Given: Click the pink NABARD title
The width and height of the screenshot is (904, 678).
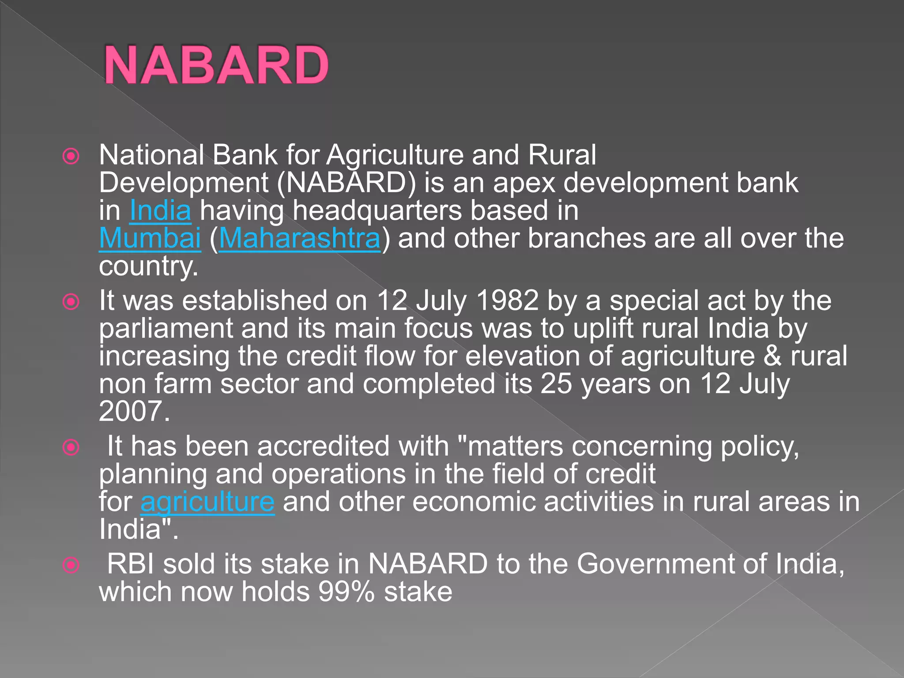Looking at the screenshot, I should pos(216,65).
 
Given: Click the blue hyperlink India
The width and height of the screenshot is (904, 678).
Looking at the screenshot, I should pos(160,211).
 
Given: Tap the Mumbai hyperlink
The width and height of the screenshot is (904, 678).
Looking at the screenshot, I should pos(150,238).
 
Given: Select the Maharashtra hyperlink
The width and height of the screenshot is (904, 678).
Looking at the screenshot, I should pos(300,238).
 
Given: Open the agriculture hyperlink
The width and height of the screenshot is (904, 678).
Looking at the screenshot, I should pos(207,502).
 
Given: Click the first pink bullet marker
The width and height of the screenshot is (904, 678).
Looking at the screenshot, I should pos(71,156).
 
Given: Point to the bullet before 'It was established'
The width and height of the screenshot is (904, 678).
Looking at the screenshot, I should pos(71,302).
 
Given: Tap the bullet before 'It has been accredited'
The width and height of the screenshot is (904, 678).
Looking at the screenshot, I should pos(71,447).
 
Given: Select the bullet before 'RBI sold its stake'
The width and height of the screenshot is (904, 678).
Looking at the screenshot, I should pos(71,565).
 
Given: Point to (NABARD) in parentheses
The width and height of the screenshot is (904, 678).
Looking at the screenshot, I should pos(347,183).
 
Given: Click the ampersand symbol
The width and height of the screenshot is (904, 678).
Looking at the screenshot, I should pos(772,356).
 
